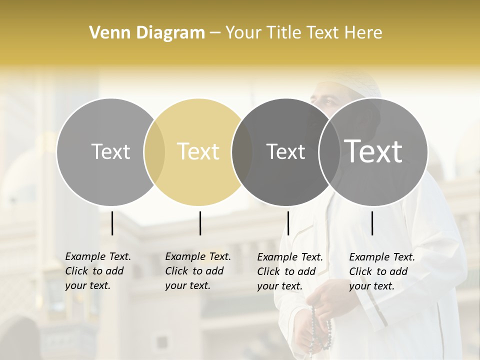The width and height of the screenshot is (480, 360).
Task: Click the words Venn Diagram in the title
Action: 147,33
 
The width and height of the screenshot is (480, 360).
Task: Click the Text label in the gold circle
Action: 198,151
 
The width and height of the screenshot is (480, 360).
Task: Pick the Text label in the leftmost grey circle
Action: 110,151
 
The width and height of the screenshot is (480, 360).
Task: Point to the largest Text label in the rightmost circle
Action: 373,151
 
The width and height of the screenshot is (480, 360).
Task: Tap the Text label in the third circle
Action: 285,151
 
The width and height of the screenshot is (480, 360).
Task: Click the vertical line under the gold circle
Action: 200,223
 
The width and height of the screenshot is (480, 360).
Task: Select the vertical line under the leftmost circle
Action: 112,223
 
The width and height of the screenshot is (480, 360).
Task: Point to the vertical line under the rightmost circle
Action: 372,223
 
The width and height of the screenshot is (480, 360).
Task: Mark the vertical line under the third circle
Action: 288,223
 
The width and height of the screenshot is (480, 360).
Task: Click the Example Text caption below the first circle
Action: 98,271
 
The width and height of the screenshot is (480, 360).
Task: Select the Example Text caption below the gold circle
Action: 198,271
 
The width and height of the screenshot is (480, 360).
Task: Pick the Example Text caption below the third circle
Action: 290,271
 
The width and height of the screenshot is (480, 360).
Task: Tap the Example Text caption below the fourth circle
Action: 382,271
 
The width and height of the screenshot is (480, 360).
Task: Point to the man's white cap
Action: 350,80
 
